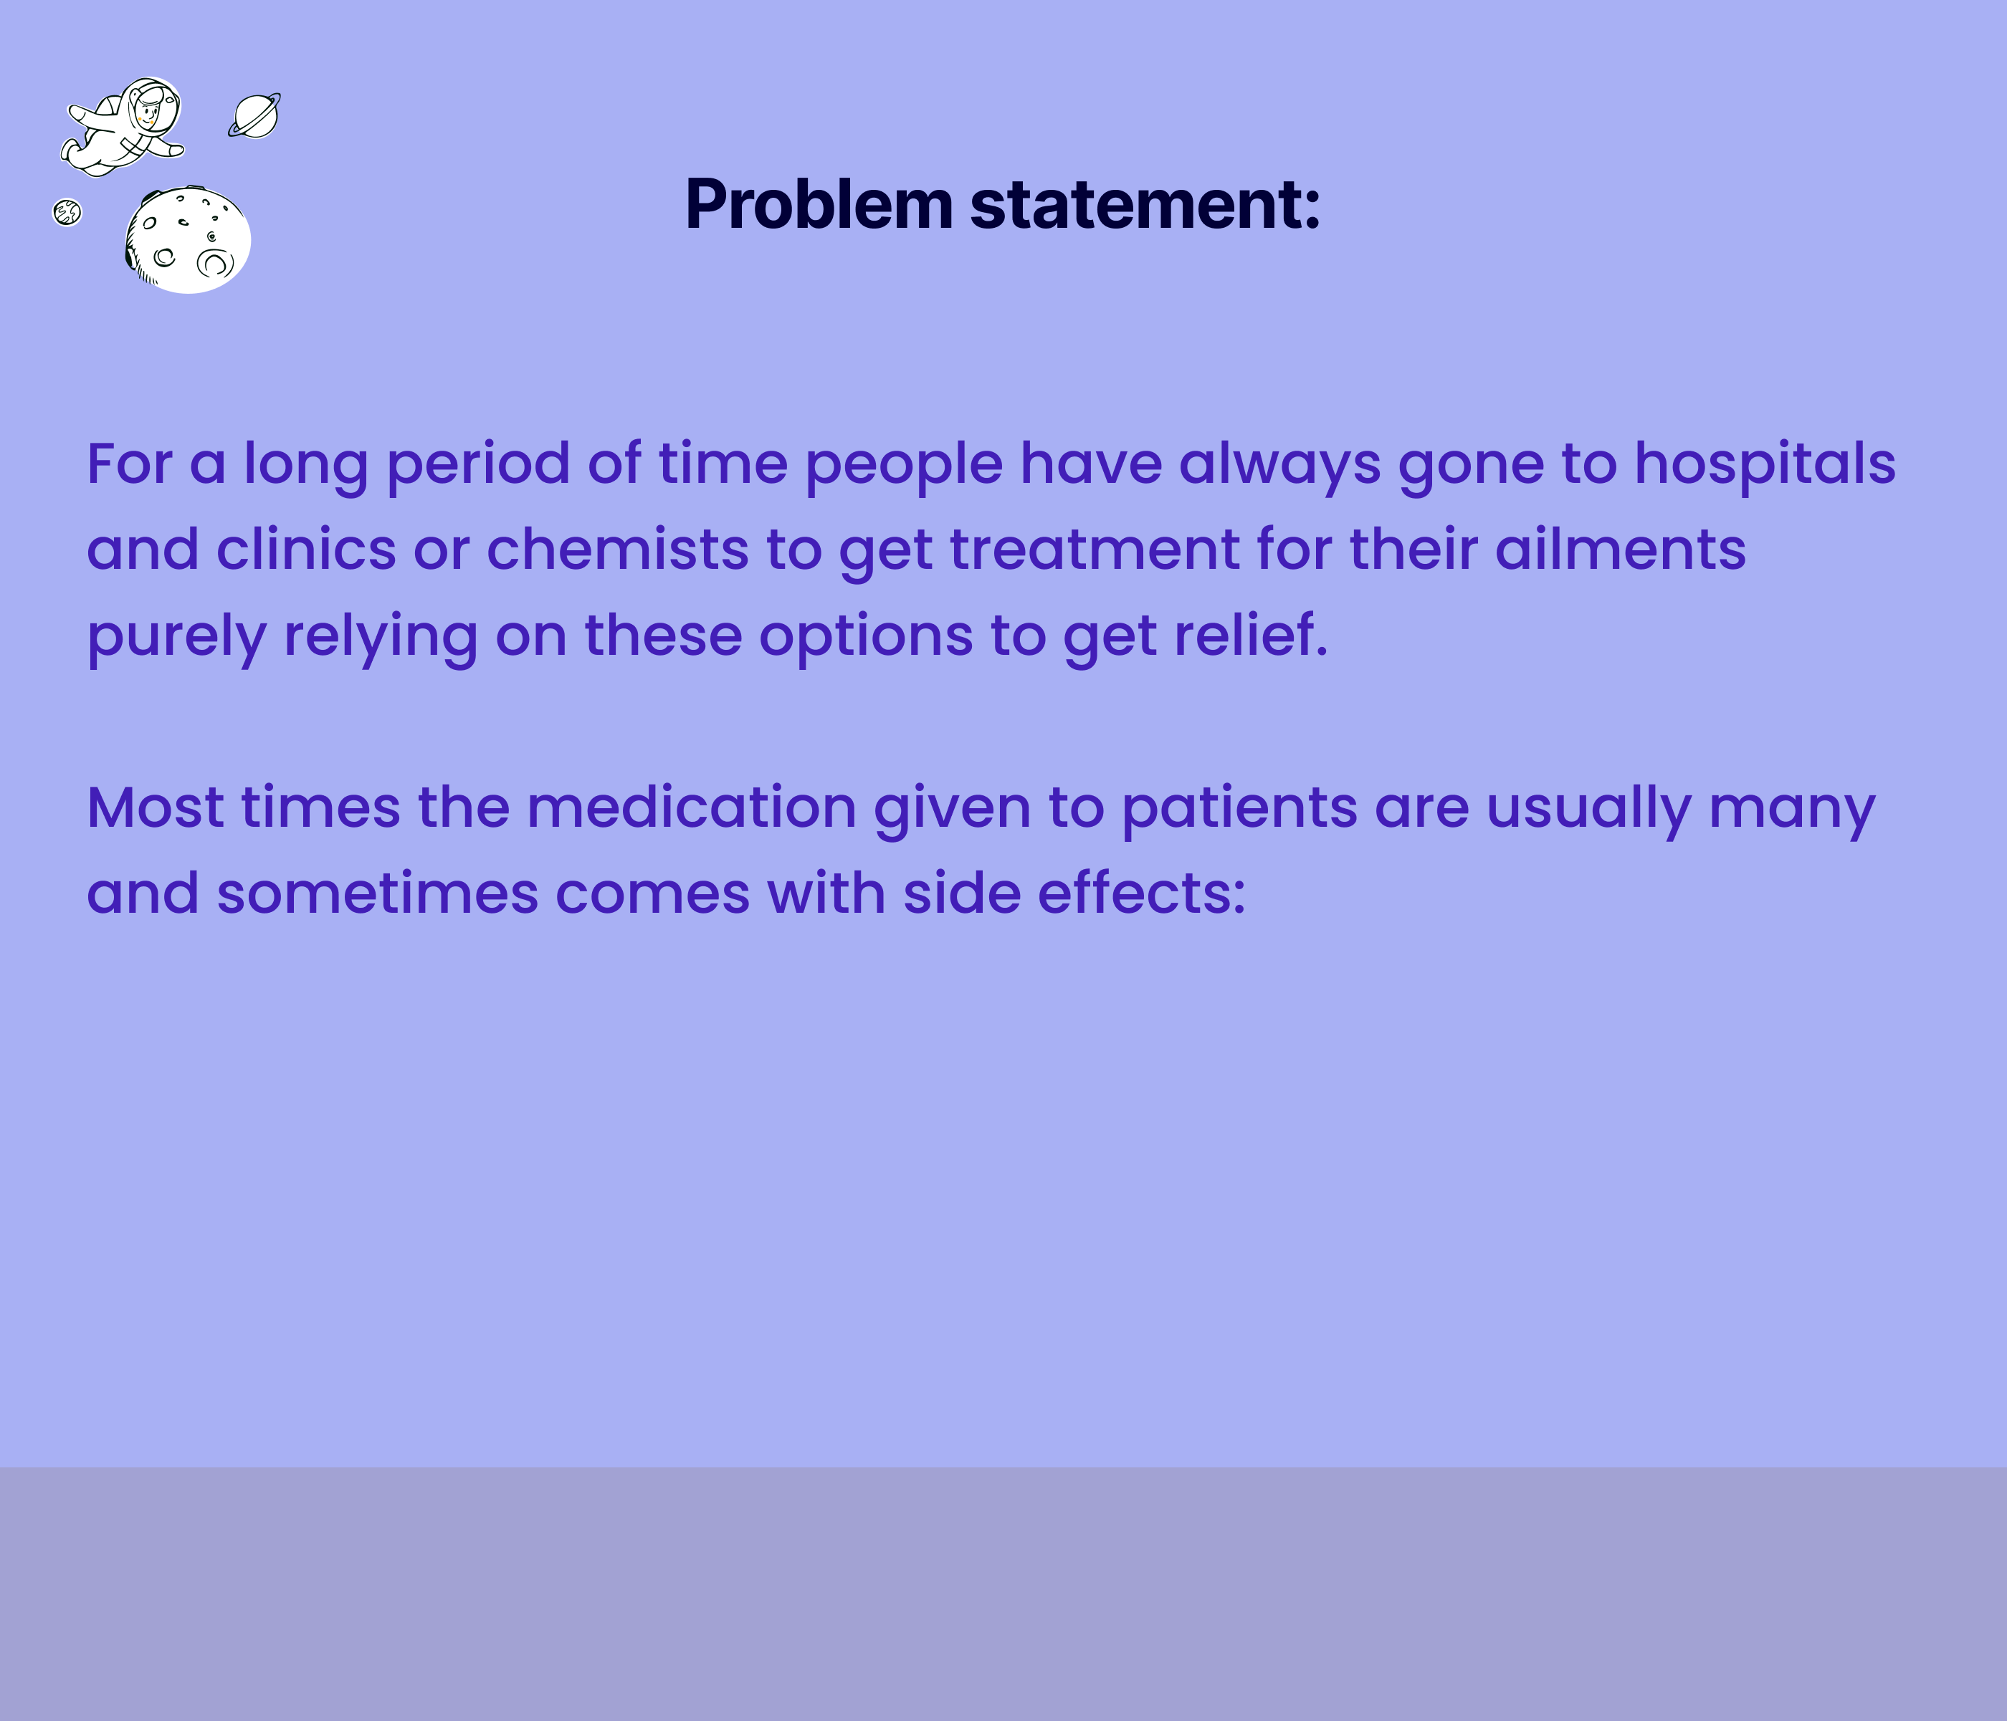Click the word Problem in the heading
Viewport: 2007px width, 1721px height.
point(819,206)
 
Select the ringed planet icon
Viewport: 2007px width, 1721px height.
point(254,116)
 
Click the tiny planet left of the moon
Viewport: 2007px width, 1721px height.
point(67,212)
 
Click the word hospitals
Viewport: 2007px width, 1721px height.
point(1765,464)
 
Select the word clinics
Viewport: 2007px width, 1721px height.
point(306,550)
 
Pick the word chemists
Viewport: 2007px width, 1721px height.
point(617,550)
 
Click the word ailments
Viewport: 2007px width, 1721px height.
point(1621,550)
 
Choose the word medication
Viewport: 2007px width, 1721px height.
point(692,807)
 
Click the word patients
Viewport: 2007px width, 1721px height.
point(1239,807)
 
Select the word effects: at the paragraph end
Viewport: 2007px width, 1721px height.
point(1142,893)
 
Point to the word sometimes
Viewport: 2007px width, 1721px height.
point(377,893)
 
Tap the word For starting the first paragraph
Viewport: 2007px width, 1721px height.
point(129,464)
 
